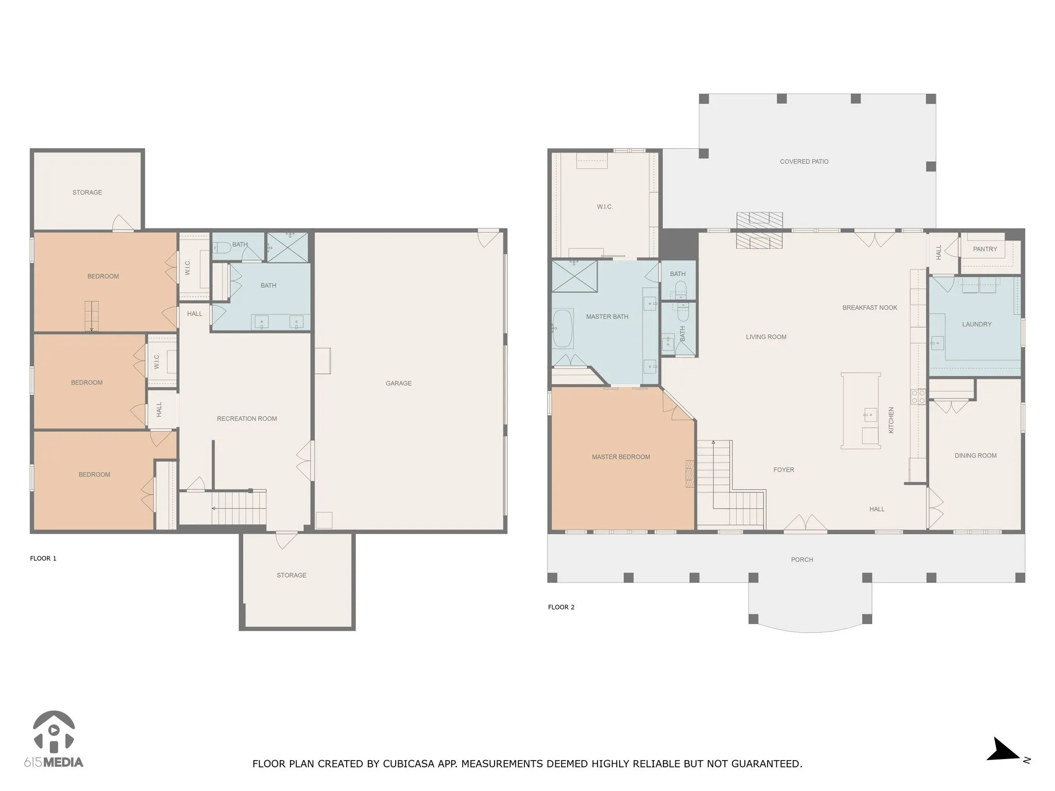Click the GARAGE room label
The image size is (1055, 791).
pyautogui.click(x=399, y=383)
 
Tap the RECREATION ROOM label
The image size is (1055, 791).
pyautogui.click(x=247, y=419)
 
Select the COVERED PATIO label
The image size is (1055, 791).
pyautogui.click(x=804, y=162)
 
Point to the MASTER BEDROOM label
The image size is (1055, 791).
pyautogui.click(x=621, y=457)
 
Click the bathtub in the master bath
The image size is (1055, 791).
pyautogui.click(x=563, y=328)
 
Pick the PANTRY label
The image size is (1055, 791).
pyautogui.click(x=985, y=249)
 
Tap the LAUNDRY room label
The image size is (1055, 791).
pyautogui.click(x=977, y=324)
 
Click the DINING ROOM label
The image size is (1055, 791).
pyautogui.click(x=975, y=456)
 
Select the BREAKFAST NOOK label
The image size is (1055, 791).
pyautogui.click(x=870, y=308)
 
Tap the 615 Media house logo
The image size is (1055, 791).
pyautogui.click(x=54, y=732)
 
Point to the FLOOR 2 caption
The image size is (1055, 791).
pyautogui.click(x=561, y=607)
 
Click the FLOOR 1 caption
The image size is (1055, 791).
pyautogui.click(x=43, y=558)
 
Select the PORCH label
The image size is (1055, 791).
pyautogui.click(x=802, y=560)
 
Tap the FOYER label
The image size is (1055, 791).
pyautogui.click(x=784, y=470)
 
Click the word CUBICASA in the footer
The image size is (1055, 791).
pyautogui.click(x=406, y=764)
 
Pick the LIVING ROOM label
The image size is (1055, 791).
pyautogui.click(x=766, y=337)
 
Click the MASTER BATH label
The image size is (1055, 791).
pyautogui.click(x=607, y=317)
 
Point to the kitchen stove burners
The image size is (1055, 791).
pyautogui.click(x=918, y=397)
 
